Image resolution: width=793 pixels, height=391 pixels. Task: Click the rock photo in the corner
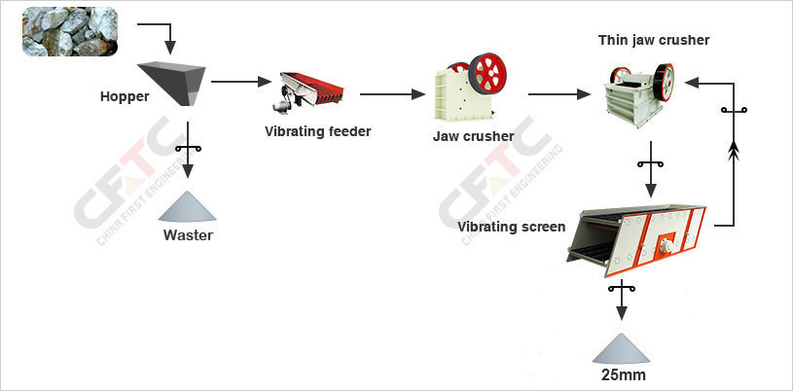69,31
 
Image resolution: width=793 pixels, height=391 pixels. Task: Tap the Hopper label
124,96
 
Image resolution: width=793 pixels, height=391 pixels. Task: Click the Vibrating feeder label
317,130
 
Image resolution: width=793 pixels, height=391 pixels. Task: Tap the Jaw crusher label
473,136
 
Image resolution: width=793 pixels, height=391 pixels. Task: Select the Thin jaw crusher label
654,40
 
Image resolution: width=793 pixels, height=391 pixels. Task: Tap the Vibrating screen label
512,227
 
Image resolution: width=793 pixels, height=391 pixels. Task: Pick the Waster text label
188,234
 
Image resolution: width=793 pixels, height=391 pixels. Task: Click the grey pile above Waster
189,204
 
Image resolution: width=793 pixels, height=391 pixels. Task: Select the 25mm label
623,374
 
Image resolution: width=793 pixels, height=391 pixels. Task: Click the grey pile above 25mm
622,345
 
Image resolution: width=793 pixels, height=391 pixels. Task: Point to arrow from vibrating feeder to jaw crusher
393,94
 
